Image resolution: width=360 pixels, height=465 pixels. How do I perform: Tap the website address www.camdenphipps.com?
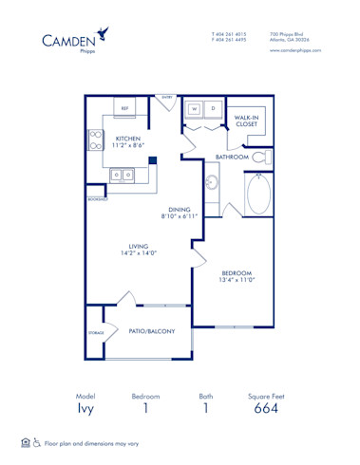click(295, 49)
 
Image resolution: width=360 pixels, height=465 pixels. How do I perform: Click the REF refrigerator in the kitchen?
click(124, 108)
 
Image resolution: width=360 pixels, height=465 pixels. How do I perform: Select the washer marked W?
click(195, 108)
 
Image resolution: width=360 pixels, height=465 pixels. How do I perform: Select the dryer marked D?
click(214, 108)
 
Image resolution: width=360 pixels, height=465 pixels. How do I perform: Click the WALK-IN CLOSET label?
click(247, 121)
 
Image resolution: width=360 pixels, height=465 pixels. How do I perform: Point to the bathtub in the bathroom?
click(257, 195)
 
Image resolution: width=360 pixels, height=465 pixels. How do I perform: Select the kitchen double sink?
click(121, 175)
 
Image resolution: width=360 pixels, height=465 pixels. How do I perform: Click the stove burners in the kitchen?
click(95, 140)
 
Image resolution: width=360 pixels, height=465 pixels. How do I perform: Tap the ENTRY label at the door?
click(167, 97)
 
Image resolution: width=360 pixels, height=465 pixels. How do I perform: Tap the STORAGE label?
click(95, 333)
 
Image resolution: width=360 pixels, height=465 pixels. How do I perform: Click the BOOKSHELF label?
click(96, 199)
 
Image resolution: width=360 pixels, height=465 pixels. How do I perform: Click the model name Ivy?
click(86, 410)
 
